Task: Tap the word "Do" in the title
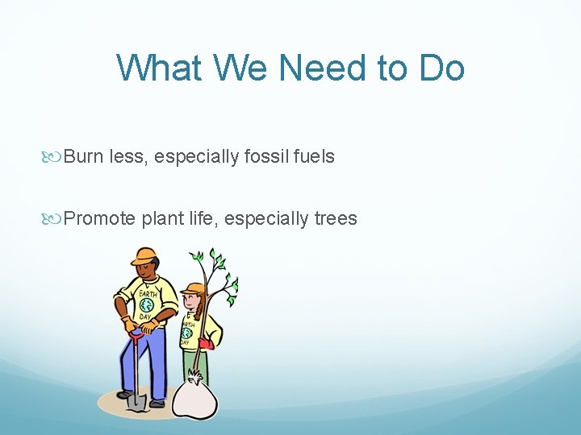[x=441, y=68]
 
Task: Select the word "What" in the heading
[x=158, y=68]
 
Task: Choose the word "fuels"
[x=314, y=156]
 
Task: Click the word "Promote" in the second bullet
[x=100, y=218]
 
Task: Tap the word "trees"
[x=335, y=218]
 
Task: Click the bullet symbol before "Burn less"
[x=55, y=157]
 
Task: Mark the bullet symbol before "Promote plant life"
[x=55, y=219]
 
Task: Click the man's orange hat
[x=144, y=256]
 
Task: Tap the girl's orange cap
[x=193, y=288]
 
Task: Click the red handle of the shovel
[x=136, y=333]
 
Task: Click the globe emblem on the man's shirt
[x=147, y=305]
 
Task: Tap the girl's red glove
[x=206, y=343]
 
